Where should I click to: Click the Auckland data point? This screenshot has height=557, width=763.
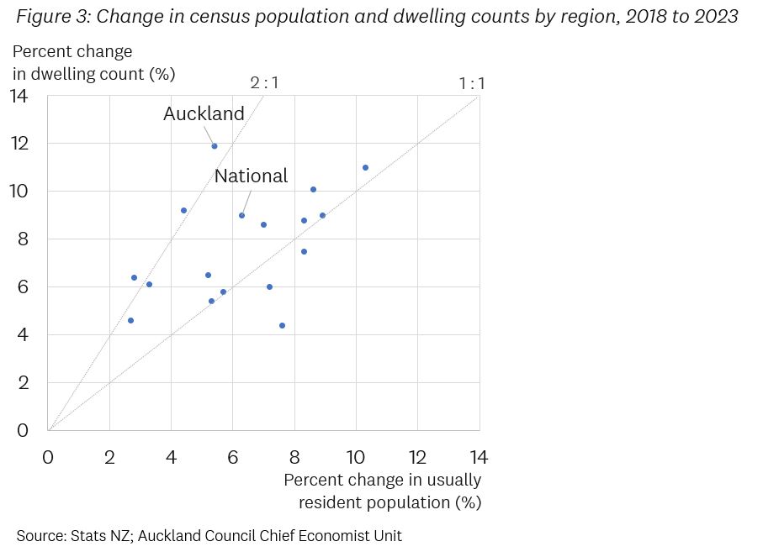[215, 146]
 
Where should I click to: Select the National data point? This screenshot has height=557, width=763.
[241, 215]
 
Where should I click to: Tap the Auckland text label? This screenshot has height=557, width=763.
[204, 113]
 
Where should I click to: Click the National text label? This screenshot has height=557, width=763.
[251, 176]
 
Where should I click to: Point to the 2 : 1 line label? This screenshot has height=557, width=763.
[264, 83]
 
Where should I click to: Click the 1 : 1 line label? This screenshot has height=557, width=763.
[472, 83]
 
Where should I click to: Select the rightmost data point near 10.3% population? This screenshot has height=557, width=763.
[365, 167]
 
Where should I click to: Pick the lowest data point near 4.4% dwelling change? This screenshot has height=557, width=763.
[282, 325]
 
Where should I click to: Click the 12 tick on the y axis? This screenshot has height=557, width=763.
[19, 144]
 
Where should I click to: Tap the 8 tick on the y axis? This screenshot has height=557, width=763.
[24, 239]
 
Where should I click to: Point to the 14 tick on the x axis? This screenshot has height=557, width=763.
[478, 457]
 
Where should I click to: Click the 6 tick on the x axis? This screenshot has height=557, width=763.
[233, 457]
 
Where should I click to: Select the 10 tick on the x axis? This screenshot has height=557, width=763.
[356, 457]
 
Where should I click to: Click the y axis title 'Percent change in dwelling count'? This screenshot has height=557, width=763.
[93, 63]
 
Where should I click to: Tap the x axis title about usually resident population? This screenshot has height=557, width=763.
[383, 491]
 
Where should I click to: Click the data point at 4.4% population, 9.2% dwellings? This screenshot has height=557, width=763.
[183, 210]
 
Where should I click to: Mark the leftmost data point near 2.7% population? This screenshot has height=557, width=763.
[130, 320]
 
